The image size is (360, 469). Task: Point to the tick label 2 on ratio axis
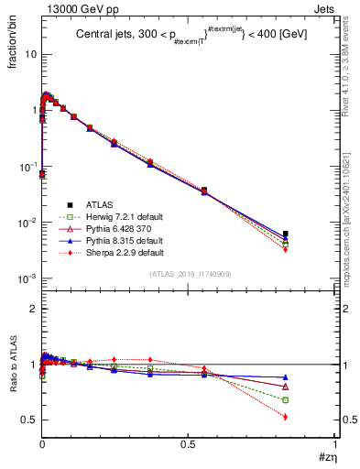32,309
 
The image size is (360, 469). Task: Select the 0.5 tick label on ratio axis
29,420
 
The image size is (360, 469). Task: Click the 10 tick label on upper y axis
29,54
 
